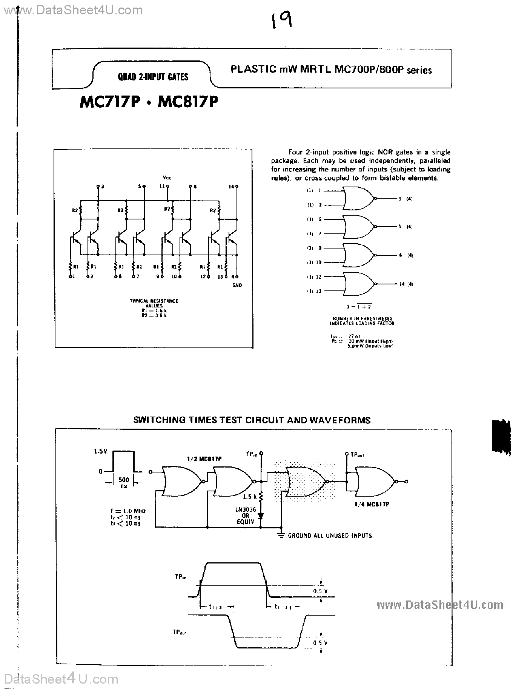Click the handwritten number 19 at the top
pos(281,21)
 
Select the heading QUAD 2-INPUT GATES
pos(153,77)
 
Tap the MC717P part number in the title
pos(110,102)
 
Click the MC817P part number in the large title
pos(187,102)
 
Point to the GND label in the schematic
pos(237,285)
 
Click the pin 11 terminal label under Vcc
pos(162,186)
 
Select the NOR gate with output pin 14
pos(358,284)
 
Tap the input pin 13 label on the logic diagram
pos(319,291)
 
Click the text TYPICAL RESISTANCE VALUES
pos(154,303)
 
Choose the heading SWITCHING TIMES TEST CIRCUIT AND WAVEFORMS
pos(252,420)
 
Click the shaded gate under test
pos(306,482)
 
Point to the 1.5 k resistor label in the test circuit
pos(250,497)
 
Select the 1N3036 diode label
pos(246,509)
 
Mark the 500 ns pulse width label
pos(124,482)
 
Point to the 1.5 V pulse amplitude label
pos(100,451)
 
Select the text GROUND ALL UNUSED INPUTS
pos(330,536)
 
